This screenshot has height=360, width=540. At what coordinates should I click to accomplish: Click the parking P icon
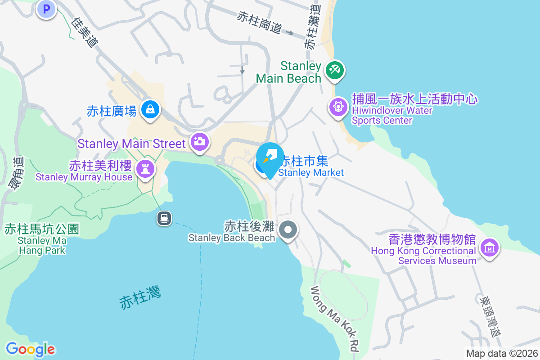pyautogui.click(x=46, y=9)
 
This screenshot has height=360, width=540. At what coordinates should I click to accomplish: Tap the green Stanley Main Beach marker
pyautogui.click(x=334, y=70)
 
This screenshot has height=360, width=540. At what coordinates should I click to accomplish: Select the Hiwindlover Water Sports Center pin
pyautogui.click(x=338, y=107)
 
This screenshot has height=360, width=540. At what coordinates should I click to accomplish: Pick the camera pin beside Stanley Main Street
pyautogui.click(x=199, y=141)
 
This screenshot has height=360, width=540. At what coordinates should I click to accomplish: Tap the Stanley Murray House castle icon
pyautogui.click(x=145, y=169)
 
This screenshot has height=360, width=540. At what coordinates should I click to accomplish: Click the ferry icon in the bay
pyautogui.click(x=164, y=218)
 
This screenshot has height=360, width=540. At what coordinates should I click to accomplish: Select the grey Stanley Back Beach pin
pyautogui.click(x=288, y=230)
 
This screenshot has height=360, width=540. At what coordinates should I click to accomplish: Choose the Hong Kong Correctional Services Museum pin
pyautogui.click(x=489, y=247)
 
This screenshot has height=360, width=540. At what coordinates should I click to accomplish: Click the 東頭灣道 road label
pyautogui.click(x=490, y=315)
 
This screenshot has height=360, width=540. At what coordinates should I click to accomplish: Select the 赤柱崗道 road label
pyautogui.click(x=259, y=22)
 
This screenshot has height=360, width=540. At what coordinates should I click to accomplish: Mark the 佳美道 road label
pyautogui.click(x=85, y=32)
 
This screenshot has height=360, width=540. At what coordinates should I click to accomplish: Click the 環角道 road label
pyautogui.click(x=18, y=173)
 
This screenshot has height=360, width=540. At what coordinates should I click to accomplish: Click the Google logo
pyautogui.click(x=30, y=349)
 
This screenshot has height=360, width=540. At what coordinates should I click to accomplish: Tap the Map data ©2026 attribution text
pyautogui.click(x=502, y=353)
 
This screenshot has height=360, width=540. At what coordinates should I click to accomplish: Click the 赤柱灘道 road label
pyautogui.click(x=312, y=27)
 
